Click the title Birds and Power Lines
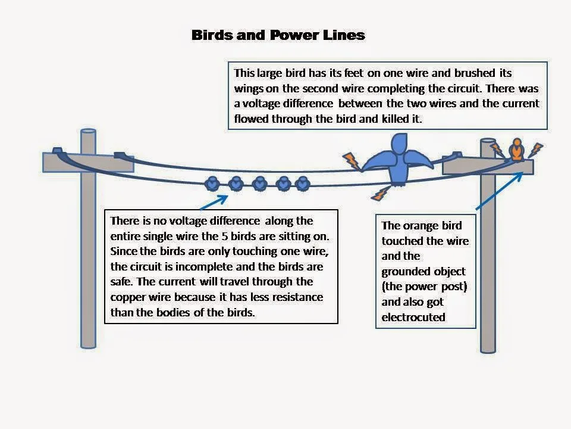coord(278,35)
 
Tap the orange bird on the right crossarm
coord(517,150)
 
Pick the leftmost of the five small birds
coord(212,184)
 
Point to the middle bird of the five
coord(259,184)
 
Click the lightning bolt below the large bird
coord(379,192)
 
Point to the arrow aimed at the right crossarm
coord(500,189)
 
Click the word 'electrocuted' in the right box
coord(413,317)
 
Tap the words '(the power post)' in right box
coord(425,286)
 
